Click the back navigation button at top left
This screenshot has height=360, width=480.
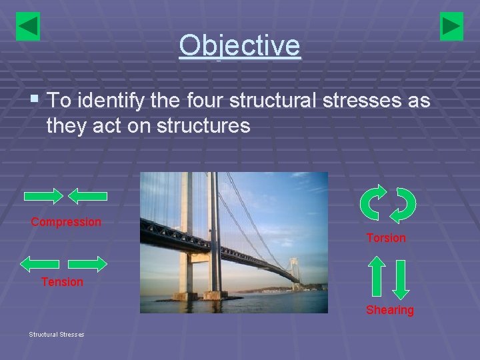coord(28,27)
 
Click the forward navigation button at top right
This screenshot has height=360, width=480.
coord(451,27)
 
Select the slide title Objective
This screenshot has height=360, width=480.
coord(239,45)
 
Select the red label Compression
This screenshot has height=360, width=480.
coord(66,222)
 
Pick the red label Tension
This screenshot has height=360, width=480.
coord(62,282)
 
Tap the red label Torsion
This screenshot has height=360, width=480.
coord(385,238)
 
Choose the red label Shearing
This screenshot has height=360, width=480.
coord(389,310)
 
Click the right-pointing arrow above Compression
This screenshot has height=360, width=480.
coord(44,196)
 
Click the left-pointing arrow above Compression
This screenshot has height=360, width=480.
coord(88,196)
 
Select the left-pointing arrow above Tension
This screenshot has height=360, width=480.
coord(40,264)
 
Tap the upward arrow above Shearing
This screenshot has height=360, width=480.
coord(377,276)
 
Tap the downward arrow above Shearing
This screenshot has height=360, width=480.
coord(400,278)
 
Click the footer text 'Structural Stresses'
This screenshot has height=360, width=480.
coord(56,334)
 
